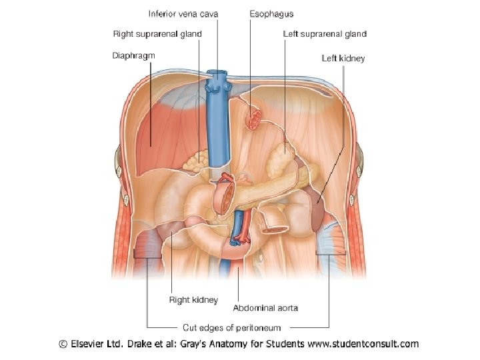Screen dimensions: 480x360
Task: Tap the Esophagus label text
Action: (271, 14)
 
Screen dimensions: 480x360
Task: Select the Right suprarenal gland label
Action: (157, 34)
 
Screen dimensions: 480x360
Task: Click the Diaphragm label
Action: (133, 55)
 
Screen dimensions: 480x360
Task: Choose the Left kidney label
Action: (343, 59)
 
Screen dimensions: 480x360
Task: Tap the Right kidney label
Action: (193, 301)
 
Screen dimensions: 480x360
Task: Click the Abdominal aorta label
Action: (265, 308)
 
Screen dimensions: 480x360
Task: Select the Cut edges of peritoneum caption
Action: (232, 328)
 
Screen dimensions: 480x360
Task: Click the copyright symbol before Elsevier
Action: (63, 345)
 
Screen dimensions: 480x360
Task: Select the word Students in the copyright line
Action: (285, 345)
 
